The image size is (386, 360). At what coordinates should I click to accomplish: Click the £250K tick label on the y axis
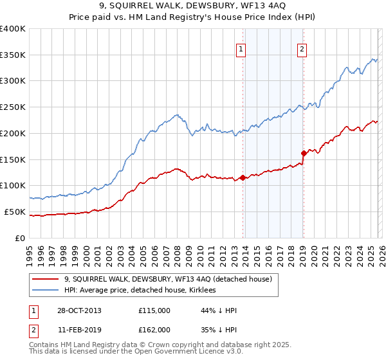tap(13, 107)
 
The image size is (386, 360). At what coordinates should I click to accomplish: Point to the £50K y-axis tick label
tap(15, 212)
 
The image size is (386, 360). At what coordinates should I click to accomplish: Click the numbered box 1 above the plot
tap(241, 48)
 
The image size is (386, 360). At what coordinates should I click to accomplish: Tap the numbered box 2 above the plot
tap(302, 48)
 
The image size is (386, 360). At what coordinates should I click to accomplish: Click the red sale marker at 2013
tap(243, 177)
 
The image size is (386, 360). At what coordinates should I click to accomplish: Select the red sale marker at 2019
tap(303, 153)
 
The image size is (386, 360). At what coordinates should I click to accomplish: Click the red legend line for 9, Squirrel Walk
tap(46, 279)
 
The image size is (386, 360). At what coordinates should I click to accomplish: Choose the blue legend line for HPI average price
tap(46, 291)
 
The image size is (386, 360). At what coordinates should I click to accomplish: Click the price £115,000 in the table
tap(154, 310)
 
